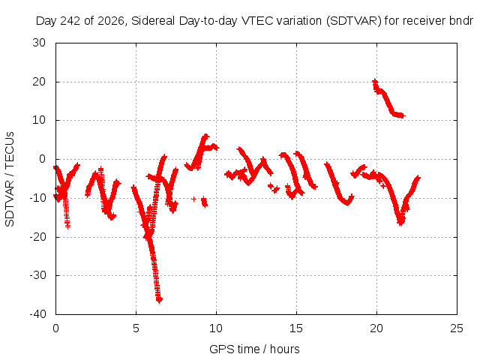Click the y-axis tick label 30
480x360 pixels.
[39, 43]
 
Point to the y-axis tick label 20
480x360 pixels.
[39, 82]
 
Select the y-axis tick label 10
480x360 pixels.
[39, 120]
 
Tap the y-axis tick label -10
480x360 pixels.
[37, 198]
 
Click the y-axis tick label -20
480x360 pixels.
[37, 237]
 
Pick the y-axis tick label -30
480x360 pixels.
[37, 275]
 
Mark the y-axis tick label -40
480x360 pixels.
[37, 313]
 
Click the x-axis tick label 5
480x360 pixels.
[136, 328]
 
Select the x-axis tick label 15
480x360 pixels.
[296, 328]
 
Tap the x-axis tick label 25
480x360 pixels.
[457, 328]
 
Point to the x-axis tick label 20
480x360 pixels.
[376, 328]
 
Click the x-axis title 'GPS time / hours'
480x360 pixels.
[254, 349]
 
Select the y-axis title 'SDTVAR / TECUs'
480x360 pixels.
[10, 179]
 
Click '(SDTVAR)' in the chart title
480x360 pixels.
[354, 21]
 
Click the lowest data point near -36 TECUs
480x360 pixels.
[159, 300]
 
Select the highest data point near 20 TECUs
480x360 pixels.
[375, 82]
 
